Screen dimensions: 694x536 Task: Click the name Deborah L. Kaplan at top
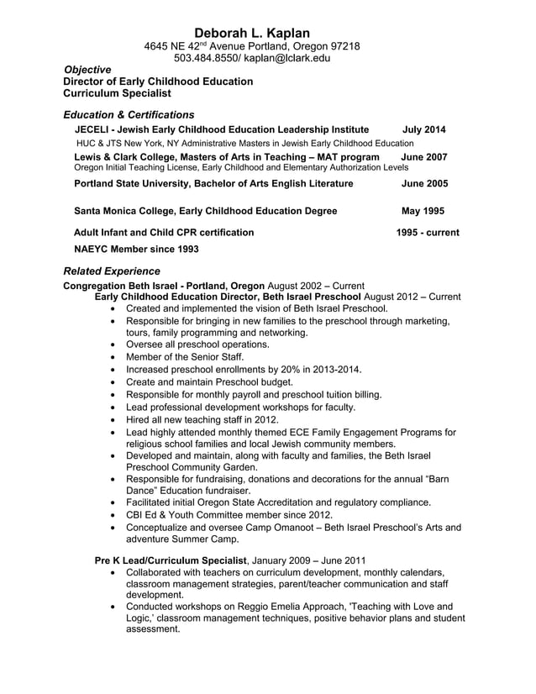point(252,32)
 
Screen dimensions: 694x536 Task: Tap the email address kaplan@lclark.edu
point(287,58)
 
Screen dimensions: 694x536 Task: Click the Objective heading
point(88,70)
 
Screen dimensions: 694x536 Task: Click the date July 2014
point(424,129)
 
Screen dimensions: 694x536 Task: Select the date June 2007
point(424,157)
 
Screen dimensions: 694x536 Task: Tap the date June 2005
point(424,183)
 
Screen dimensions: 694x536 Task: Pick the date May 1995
point(423,211)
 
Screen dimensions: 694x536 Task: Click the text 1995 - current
point(428,232)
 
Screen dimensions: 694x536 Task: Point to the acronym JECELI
point(93,129)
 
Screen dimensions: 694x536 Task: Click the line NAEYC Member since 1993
point(136,249)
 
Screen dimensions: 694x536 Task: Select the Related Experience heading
point(111,271)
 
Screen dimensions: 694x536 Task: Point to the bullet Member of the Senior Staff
point(184,356)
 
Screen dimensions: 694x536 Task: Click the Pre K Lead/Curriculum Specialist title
point(171,560)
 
